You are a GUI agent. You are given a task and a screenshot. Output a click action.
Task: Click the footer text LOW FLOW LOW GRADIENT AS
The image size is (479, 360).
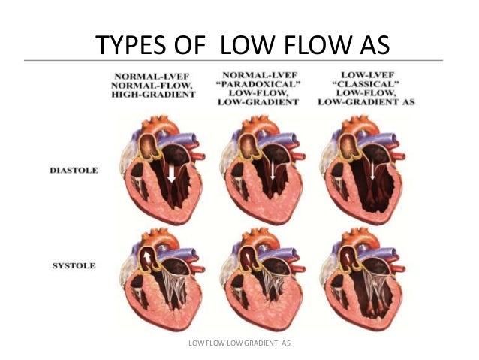pyautogui.click(x=239, y=343)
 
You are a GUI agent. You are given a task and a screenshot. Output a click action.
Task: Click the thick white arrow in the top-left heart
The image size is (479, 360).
pyautogui.click(x=173, y=174)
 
